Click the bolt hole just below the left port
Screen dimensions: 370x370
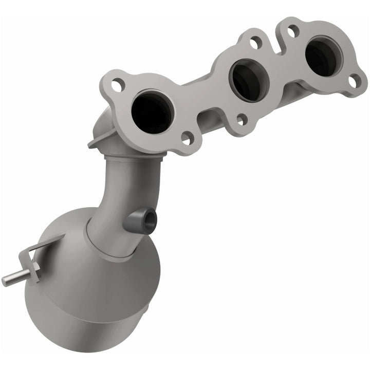[188, 138]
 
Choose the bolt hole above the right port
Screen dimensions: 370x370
[293, 31]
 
